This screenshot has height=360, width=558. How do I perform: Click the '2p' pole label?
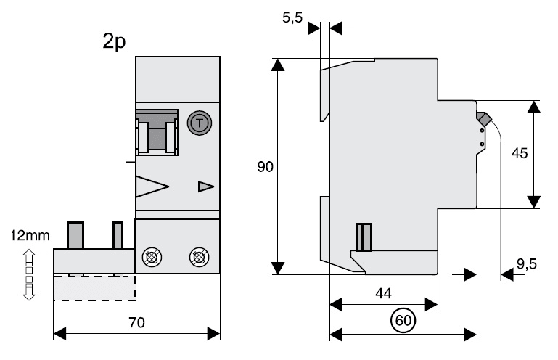coord(114,41)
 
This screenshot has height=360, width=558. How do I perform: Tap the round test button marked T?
coord(198,123)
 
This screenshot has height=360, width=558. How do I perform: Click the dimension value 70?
coord(136,321)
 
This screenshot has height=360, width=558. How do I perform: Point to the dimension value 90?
coord(265,167)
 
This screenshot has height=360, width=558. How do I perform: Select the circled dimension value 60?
coord(403,319)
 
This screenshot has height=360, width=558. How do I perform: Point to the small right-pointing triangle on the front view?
coord(206,187)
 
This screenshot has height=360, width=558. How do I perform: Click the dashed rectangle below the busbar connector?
coord(94,287)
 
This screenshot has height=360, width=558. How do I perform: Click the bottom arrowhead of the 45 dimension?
coord(534,200)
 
